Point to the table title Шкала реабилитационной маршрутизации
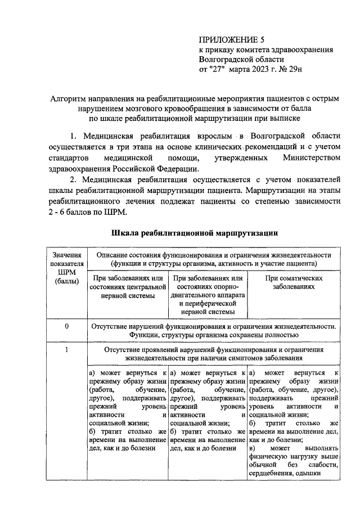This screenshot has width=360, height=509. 193,232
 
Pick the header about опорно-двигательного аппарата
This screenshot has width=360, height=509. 209,296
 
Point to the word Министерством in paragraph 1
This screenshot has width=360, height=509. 316,158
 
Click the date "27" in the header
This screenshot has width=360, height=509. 218,70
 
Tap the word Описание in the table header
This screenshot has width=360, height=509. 114,255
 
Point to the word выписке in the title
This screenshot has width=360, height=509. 286,119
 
